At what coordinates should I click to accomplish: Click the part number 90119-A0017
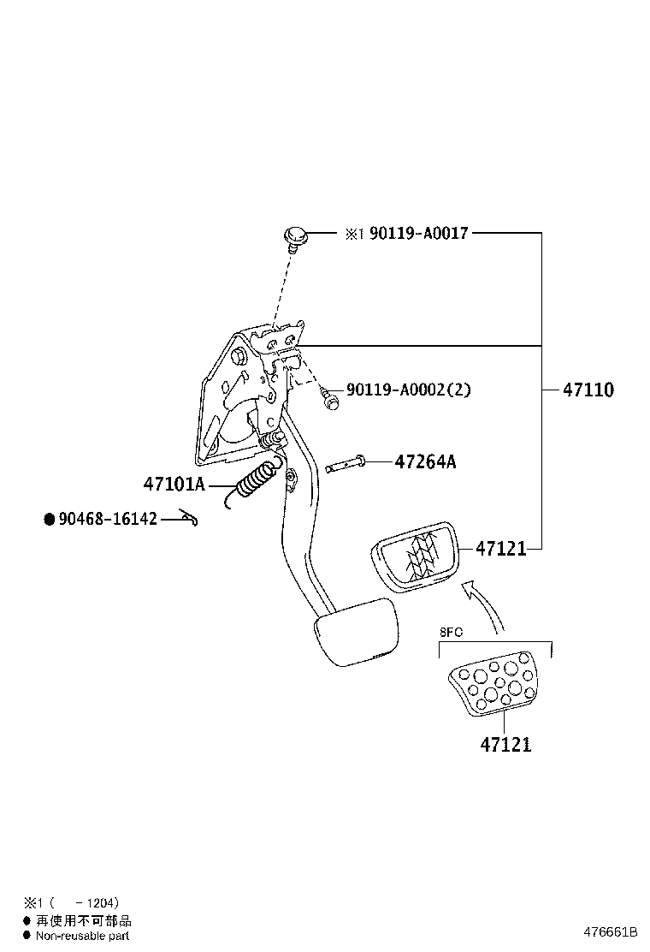coord(418,233)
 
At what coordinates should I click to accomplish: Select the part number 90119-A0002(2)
coord(408,390)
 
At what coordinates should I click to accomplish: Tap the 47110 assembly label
coord(588,390)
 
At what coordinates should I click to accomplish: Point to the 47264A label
coord(425,462)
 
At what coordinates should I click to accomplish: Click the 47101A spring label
coord(174,485)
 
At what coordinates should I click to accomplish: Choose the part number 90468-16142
coord(107,519)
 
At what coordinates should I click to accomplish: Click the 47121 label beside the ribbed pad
coord(500,549)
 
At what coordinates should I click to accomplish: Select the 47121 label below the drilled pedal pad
coord(505,745)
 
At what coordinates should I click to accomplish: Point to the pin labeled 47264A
coord(346,465)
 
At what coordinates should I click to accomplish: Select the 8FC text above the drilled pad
coord(451,633)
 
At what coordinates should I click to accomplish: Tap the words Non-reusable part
coord(82,936)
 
